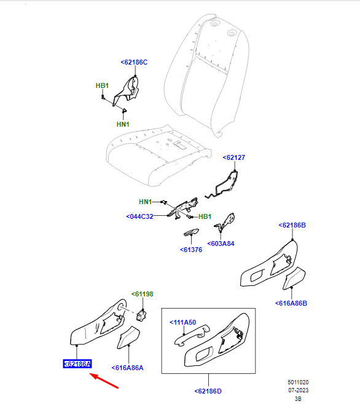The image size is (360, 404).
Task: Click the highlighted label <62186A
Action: tap(77, 364)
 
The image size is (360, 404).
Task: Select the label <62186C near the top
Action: tap(134, 62)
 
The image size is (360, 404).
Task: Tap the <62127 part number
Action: tap(234, 157)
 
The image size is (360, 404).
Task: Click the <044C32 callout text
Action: tap(139, 216)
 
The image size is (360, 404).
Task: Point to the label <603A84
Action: tap(221, 244)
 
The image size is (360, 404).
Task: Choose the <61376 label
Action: tap(191, 250)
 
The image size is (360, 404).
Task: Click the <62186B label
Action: tap(292, 226)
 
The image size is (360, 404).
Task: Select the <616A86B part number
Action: tap(291, 304)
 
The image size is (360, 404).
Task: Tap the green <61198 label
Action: tap(143, 295)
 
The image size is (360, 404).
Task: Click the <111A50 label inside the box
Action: tap(183, 322)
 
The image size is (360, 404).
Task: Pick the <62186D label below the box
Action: tap(208, 391)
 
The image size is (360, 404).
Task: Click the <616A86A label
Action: tap(127, 368)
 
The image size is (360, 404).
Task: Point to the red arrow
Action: tap(104, 381)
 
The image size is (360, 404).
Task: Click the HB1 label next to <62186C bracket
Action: tap(102, 86)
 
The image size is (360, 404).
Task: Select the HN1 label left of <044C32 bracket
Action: tap(146, 202)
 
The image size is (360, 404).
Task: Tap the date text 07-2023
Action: tap(298, 390)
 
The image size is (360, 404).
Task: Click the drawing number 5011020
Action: tap(298, 382)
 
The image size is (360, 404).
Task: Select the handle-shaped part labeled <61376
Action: tap(191, 232)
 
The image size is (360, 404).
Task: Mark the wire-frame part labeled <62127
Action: tap(223, 184)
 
